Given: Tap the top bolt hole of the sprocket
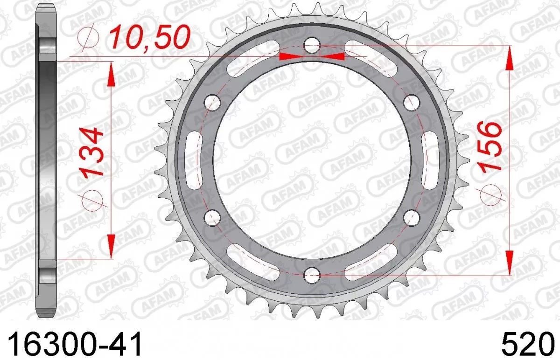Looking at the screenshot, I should click(312, 46).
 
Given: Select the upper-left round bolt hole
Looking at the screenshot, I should click(213, 102).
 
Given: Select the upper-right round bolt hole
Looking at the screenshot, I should click(411, 102).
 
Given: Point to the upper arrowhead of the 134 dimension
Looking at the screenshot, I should click(111, 75).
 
